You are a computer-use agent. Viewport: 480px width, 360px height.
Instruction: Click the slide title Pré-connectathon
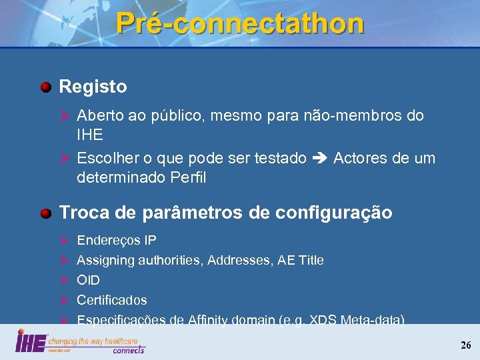pyautogui.click(x=240, y=23)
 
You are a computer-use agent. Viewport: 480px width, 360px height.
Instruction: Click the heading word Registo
pyautogui.click(x=93, y=87)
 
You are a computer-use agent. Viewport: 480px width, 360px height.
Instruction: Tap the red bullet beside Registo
pyautogui.click(x=45, y=87)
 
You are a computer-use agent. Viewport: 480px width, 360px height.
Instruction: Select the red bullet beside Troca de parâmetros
pyautogui.click(x=45, y=213)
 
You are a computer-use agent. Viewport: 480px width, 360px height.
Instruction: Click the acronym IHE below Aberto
pyautogui.click(x=90, y=135)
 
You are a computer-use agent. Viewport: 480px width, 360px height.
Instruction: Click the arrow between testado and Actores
pyautogui.click(x=319, y=159)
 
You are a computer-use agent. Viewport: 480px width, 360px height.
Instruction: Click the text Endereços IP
pyautogui.click(x=117, y=240)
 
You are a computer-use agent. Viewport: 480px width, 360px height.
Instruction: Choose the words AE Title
pyautogui.click(x=302, y=260)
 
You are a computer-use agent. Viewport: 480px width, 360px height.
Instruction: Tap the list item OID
pyautogui.click(x=88, y=280)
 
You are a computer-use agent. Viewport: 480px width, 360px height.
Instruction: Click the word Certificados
pyautogui.click(x=112, y=300)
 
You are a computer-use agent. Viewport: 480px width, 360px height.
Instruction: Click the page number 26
pyautogui.click(x=465, y=345)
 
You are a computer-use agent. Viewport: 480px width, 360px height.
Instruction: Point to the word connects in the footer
pyautogui.click(x=128, y=349)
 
